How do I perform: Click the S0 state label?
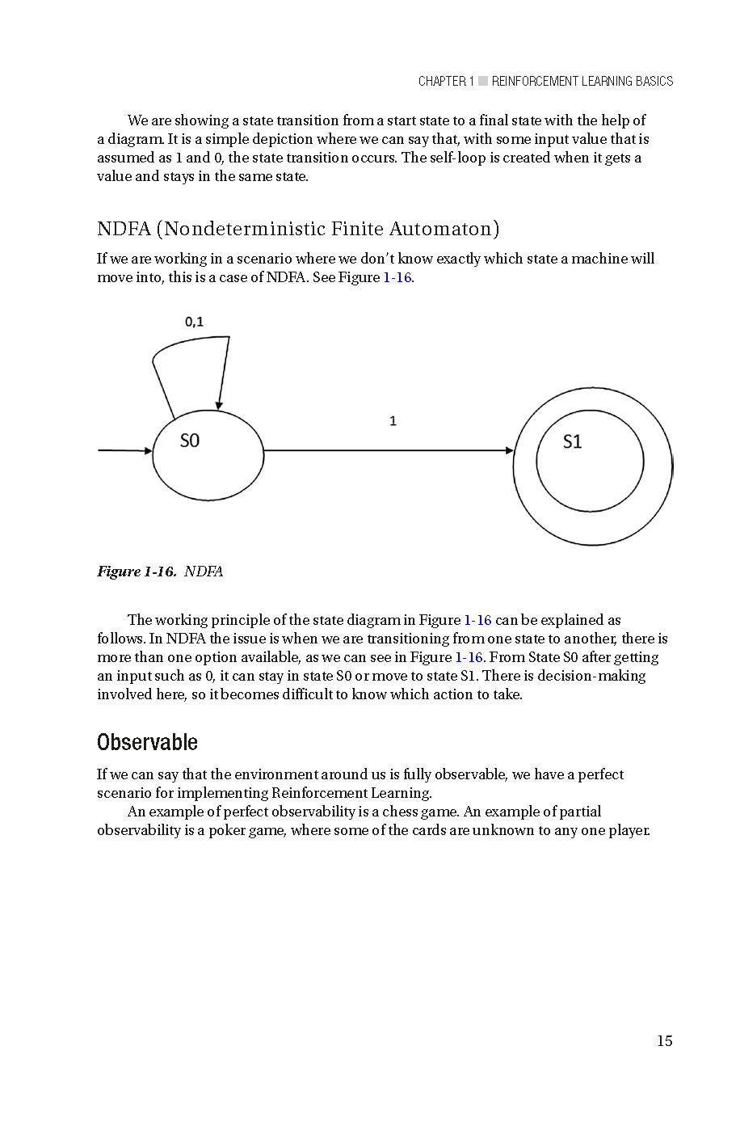click(189, 441)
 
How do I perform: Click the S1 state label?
click(572, 441)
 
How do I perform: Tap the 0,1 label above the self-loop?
click(195, 322)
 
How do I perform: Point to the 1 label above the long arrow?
click(393, 421)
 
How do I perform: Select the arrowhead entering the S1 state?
click(509, 450)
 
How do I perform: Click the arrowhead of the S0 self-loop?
click(219, 404)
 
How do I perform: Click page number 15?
click(664, 1041)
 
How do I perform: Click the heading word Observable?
click(147, 742)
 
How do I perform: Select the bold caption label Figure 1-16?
click(137, 572)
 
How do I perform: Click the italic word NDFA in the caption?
click(204, 572)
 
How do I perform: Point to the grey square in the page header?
click(483, 81)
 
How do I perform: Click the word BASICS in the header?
click(654, 81)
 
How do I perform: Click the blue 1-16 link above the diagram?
click(397, 277)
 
